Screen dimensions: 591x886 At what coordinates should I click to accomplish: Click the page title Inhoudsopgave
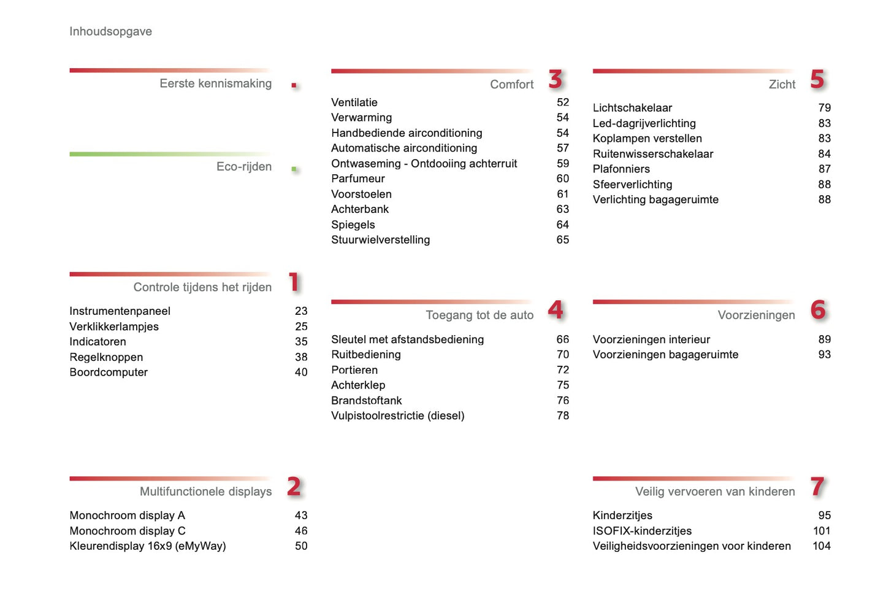pyautogui.click(x=110, y=31)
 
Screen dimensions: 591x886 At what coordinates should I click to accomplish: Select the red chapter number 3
pyautogui.click(x=556, y=79)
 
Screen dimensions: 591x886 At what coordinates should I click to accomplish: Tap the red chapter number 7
pyautogui.click(x=817, y=487)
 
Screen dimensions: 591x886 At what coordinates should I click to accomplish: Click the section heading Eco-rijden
pyautogui.click(x=243, y=166)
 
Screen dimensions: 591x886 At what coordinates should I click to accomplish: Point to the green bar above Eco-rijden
pyautogui.click(x=170, y=154)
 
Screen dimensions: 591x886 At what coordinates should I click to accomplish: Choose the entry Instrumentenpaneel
pyautogui.click(x=120, y=311)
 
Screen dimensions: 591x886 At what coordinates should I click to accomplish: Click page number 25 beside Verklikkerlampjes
pyautogui.click(x=301, y=326)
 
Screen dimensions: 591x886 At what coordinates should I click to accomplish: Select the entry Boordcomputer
pyautogui.click(x=109, y=372)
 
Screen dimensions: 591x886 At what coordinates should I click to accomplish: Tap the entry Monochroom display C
pyautogui.click(x=127, y=531)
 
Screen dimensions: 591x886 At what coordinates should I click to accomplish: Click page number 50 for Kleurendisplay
pyautogui.click(x=301, y=546)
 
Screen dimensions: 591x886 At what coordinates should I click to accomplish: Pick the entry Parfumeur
pyautogui.click(x=358, y=179)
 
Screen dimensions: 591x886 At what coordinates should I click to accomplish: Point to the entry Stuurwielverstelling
pyautogui.click(x=380, y=240)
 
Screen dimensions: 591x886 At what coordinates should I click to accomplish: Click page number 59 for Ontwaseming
pyautogui.click(x=563, y=163)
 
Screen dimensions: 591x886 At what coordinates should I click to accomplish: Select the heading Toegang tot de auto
pyautogui.click(x=479, y=315)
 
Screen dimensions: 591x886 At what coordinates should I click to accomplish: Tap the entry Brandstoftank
pyautogui.click(x=366, y=400)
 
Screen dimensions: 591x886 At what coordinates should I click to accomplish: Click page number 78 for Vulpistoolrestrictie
pyautogui.click(x=563, y=415)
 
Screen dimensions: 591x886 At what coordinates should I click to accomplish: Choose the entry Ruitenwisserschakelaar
pyautogui.click(x=652, y=153)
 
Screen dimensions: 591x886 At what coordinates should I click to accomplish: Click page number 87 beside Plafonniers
pyautogui.click(x=825, y=169)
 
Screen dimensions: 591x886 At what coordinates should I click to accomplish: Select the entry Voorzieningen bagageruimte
pyautogui.click(x=665, y=354)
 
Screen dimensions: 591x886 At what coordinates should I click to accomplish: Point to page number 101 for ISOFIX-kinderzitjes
pyautogui.click(x=822, y=531)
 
